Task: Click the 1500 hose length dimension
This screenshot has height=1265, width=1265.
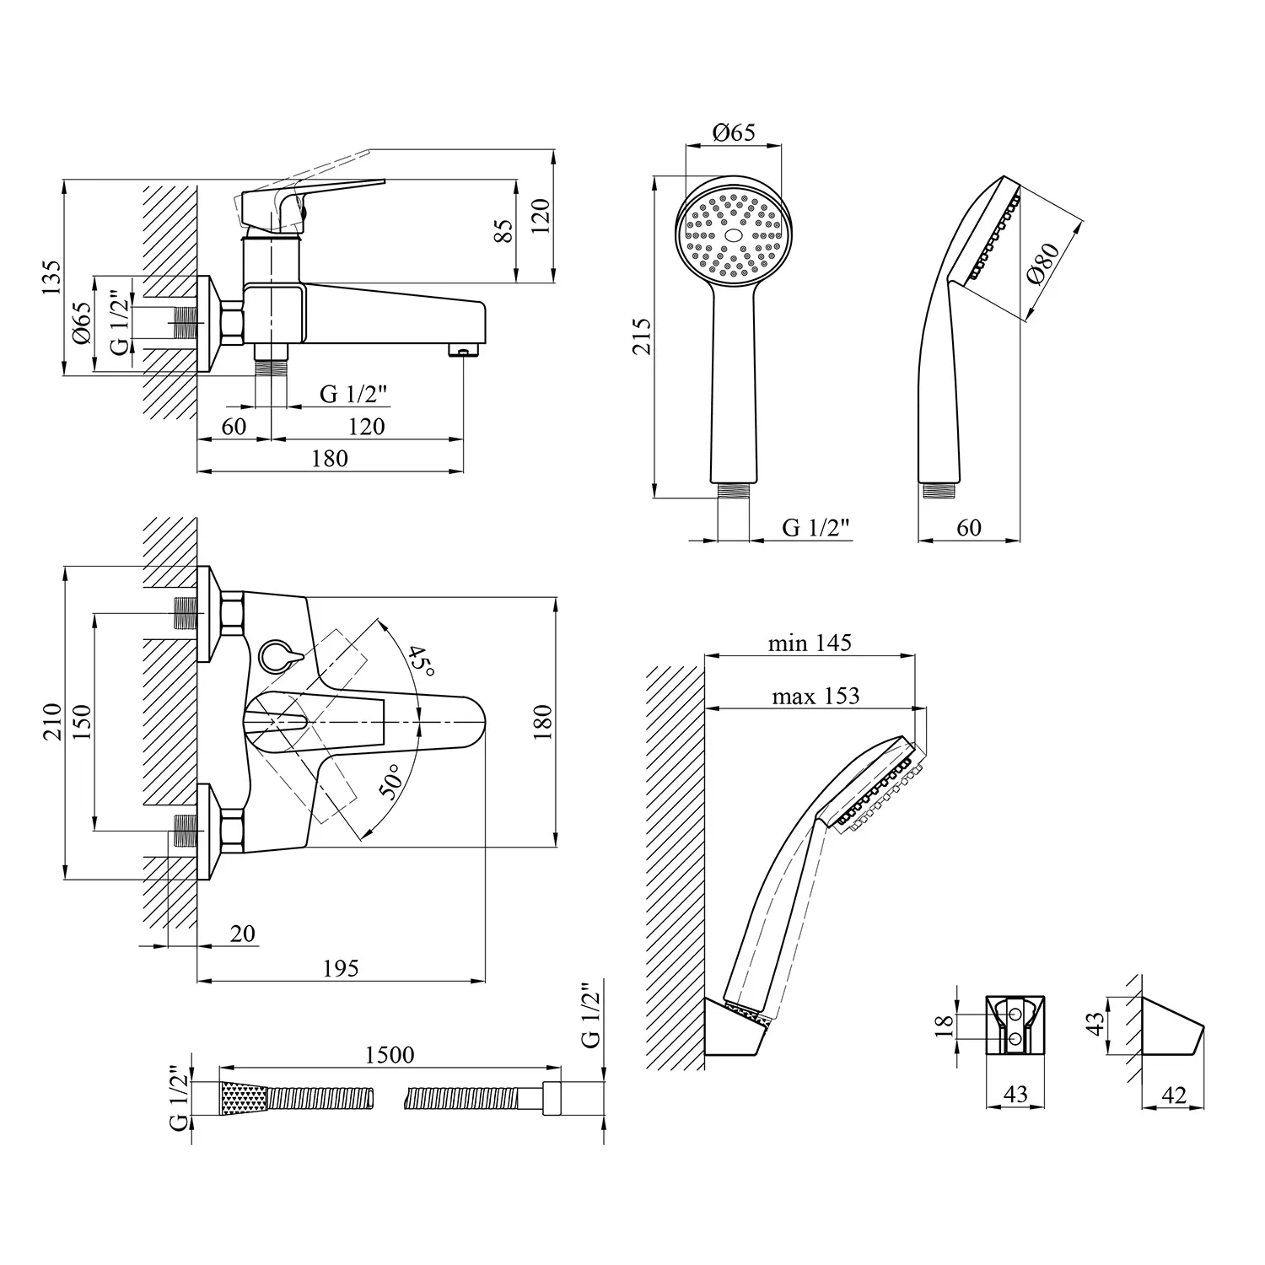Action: click(x=390, y=1055)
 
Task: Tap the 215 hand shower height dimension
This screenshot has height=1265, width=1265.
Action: click(x=643, y=336)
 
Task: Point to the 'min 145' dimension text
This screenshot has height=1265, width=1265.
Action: click(x=810, y=643)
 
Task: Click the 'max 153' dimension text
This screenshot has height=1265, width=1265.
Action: click(x=815, y=696)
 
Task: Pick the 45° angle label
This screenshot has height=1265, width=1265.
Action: click(x=422, y=661)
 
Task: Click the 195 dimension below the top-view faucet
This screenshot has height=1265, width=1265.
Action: click(x=341, y=968)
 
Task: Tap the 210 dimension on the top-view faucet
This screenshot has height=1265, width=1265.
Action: click(x=52, y=722)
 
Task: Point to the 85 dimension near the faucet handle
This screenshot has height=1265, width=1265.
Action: click(x=503, y=231)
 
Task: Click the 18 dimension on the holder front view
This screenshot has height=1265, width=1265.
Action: click(x=945, y=1025)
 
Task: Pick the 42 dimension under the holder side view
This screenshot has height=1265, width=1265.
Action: click(x=1173, y=1095)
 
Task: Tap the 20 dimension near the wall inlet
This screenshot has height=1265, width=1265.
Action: click(x=242, y=934)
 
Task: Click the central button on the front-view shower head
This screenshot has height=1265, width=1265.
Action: click(x=733, y=236)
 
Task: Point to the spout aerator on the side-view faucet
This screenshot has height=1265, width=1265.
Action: click(x=463, y=350)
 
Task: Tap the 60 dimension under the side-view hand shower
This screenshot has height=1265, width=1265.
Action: click(x=969, y=527)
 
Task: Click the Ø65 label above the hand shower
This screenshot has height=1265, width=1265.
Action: click(x=733, y=132)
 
